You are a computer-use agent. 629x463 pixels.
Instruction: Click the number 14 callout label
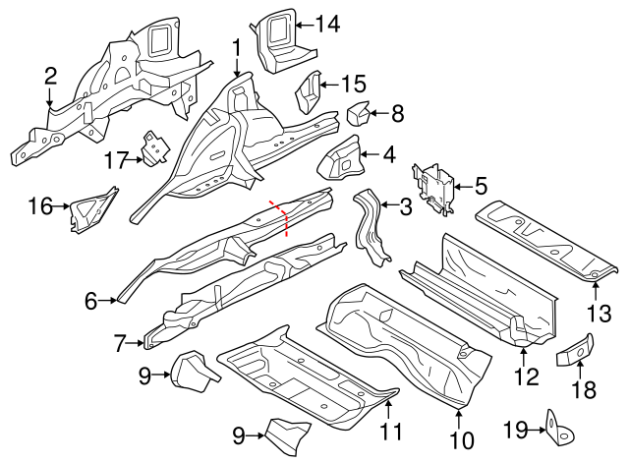tap(327, 24)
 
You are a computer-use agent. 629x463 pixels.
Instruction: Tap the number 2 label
tap(50, 77)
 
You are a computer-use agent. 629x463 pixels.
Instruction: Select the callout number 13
tap(599, 314)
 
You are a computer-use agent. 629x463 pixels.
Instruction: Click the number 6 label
tap(91, 302)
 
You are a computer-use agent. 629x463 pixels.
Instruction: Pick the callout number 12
tap(526, 376)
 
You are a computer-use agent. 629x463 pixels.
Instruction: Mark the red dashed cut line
tap(279, 218)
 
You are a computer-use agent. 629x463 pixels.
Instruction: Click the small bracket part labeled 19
tap(560, 429)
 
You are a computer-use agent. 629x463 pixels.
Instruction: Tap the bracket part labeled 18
tap(576, 348)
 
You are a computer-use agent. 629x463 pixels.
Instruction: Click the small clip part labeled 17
tap(153, 146)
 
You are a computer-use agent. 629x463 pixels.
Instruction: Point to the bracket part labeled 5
tap(435, 187)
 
